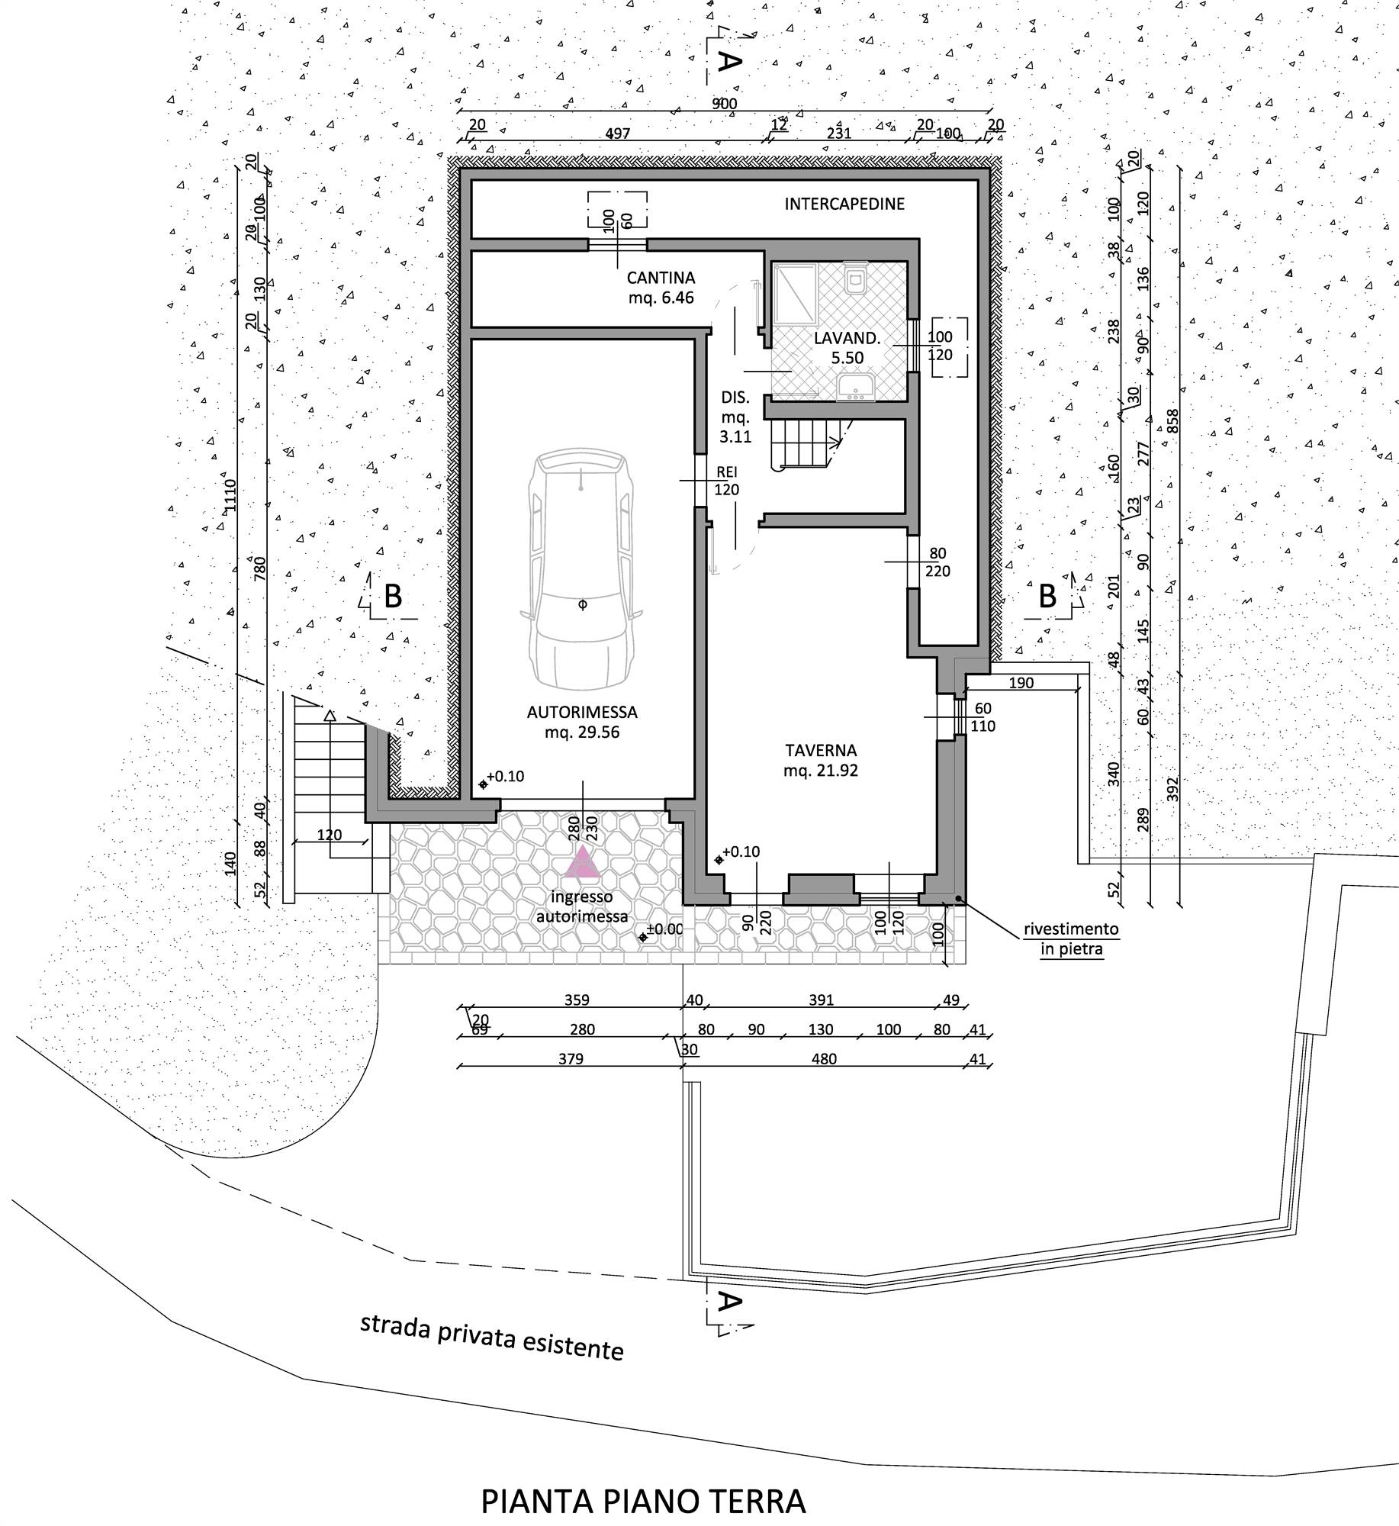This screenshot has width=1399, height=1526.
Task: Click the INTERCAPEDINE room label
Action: click(x=844, y=204)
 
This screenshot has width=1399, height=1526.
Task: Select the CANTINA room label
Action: click(x=661, y=278)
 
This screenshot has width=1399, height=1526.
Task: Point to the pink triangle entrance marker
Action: click(x=584, y=861)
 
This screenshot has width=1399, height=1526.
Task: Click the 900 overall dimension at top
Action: click(x=725, y=104)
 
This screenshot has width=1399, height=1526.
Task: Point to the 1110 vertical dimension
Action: click(x=230, y=495)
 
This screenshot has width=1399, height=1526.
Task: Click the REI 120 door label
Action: click(x=726, y=481)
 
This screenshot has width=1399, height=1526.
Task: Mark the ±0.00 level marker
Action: click(x=662, y=930)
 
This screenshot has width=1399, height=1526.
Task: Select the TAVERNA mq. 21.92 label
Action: click(x=820, y=760)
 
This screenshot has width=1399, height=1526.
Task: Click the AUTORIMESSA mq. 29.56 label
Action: click(x=582, y=722)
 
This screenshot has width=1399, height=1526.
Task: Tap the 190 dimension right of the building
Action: click(x=1021, y=683)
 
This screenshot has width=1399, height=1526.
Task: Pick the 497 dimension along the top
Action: click(x=617, y=134)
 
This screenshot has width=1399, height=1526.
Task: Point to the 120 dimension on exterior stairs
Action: click(x=330, y=834)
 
